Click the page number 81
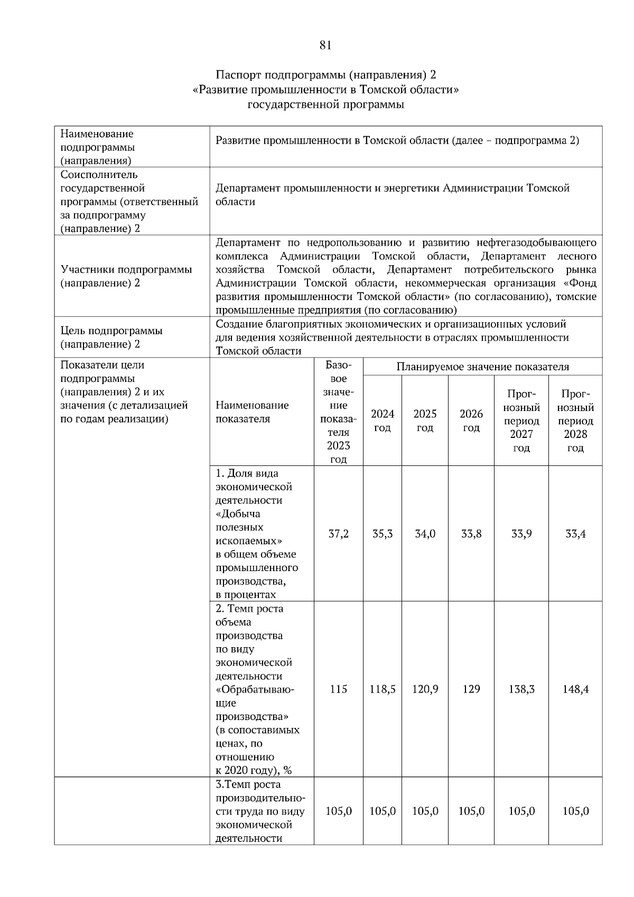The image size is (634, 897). pyautogui.click(x=325, y=45)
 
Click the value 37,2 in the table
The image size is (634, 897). pyautogui.click(x=338, y=534)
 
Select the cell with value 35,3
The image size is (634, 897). pyautogui.click(x=382, y=534)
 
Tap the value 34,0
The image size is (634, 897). pyautogui.click(x=425, y=534)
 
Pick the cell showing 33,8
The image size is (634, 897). pyautogui.click(x=471, y=534)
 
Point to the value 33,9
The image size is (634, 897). pyautogui.click(x=521, y=534)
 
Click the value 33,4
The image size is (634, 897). pyautogui.click(x=575, y=534)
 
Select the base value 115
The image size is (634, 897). pyautogui.click(x=338, y=689)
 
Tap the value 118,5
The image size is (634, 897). pyautogui.click(x=382, y=689)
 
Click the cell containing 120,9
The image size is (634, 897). pyautogui.click(x=425, y=689)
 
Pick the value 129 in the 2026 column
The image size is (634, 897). pyautogui.click(x=471, y=689)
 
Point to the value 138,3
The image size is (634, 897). pyautogui.click(x=521, y=689)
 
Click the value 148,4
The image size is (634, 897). pyautogui.click(x=575, y=689)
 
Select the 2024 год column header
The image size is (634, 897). pyautogui.click(x=382, y=421)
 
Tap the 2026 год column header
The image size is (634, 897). pyautogui.click(x=471, y=421)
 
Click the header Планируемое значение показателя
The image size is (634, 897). pyautogui.click(x=482, y=367)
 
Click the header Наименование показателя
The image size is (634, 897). pyautogui.click(x=252, y=412)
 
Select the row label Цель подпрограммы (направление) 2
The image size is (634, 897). pyautogui.click(x=111, y=338)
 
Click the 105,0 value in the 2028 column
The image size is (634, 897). pyautogui.click(x=575, y=811)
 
